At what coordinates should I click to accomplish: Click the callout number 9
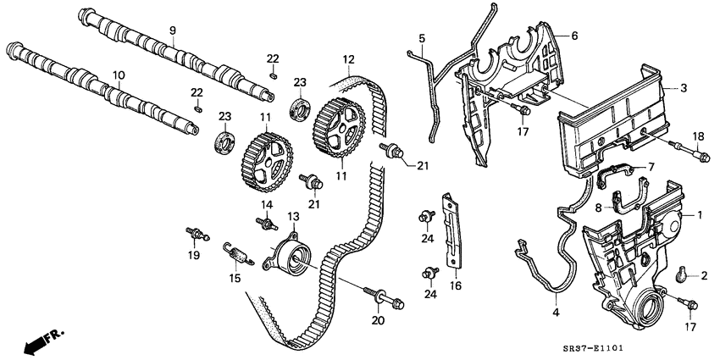[x=172, y=31]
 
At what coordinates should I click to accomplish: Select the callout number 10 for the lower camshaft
[x=119, y=75]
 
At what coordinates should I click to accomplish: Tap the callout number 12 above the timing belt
[x=348, y=59]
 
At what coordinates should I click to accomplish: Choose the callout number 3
[x=683, y=88]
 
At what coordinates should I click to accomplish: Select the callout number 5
[x=421, y=38]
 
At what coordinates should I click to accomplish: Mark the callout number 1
[x=700, y=215]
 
